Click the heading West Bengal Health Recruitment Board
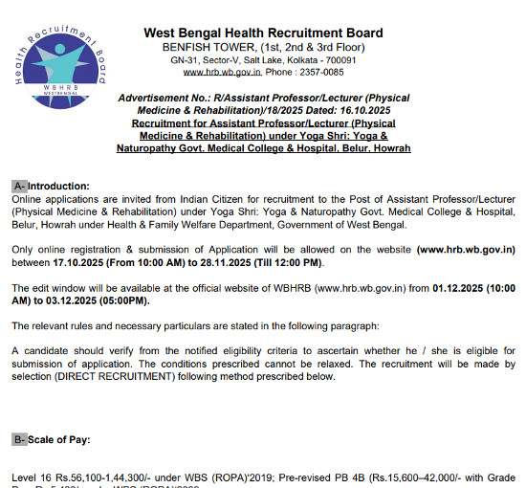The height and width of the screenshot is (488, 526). (x=263, y=33)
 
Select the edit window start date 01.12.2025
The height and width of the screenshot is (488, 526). (x=460, y=287)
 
